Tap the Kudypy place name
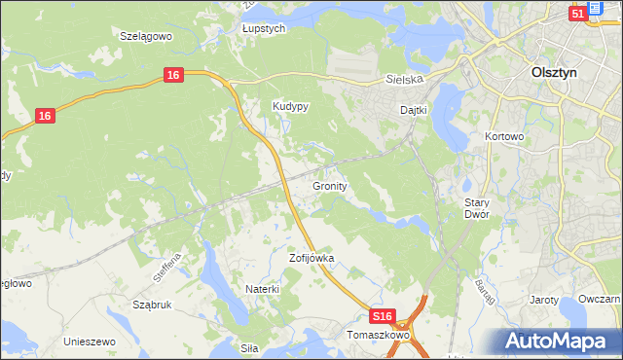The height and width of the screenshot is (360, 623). pyautogui.click(x=290, y=107)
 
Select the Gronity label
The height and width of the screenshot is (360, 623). pyautogui.click(x=330, y=185)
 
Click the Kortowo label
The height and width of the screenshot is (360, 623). pyautogui.click(x=504, y=138)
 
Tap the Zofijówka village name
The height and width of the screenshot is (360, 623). pyautogui.click(x=311, y=259)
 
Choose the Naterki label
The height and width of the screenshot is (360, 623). pyautogui.click(x=263, y=289)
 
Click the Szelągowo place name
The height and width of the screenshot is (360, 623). pyautogui.click(x=145, y=35)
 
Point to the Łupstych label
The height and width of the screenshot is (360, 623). pyautogui.click(x=263, y=29)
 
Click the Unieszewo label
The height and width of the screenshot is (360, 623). pyautogui.click(x=90, y=342)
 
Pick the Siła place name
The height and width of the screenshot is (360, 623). pyautogui.click(x=250, y=346)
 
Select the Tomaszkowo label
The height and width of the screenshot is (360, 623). pyautogui.click(x=379, y=335)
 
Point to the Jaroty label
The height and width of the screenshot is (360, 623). pyautogui.click(x=543, y=301)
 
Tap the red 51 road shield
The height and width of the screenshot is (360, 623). pyautogui.click(x=577, y=14)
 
